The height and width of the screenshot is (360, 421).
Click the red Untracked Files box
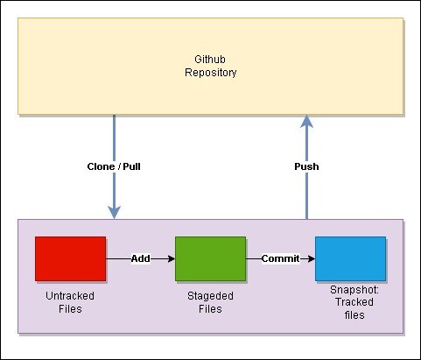[70, 258]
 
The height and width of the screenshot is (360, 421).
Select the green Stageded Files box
[210, 258]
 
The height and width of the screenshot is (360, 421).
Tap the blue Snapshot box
[350, 258]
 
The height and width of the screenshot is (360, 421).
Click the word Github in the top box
[210, 60]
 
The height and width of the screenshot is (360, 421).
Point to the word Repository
[211, 73]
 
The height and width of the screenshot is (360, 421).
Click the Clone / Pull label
[114, 166]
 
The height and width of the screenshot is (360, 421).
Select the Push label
[306, 166]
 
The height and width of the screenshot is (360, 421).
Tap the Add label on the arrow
[141, 258]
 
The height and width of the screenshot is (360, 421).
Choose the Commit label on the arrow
[280, 258]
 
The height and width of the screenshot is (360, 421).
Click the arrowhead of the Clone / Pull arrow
[114, 212]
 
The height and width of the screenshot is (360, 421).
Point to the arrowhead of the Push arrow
[306, 121]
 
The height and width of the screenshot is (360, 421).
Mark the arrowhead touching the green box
[172, 258]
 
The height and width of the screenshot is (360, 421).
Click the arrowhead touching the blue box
[312, 258]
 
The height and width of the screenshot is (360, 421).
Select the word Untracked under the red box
[70, 296]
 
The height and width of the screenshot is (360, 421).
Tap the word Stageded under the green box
[210, 296]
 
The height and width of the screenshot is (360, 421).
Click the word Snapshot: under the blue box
[354, 290]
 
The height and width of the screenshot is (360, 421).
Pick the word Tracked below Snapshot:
[354, 302]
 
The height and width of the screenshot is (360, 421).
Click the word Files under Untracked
[70, 309]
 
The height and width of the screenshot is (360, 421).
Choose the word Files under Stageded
[210, 309]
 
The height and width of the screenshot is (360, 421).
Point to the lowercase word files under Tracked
[354, 315]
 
